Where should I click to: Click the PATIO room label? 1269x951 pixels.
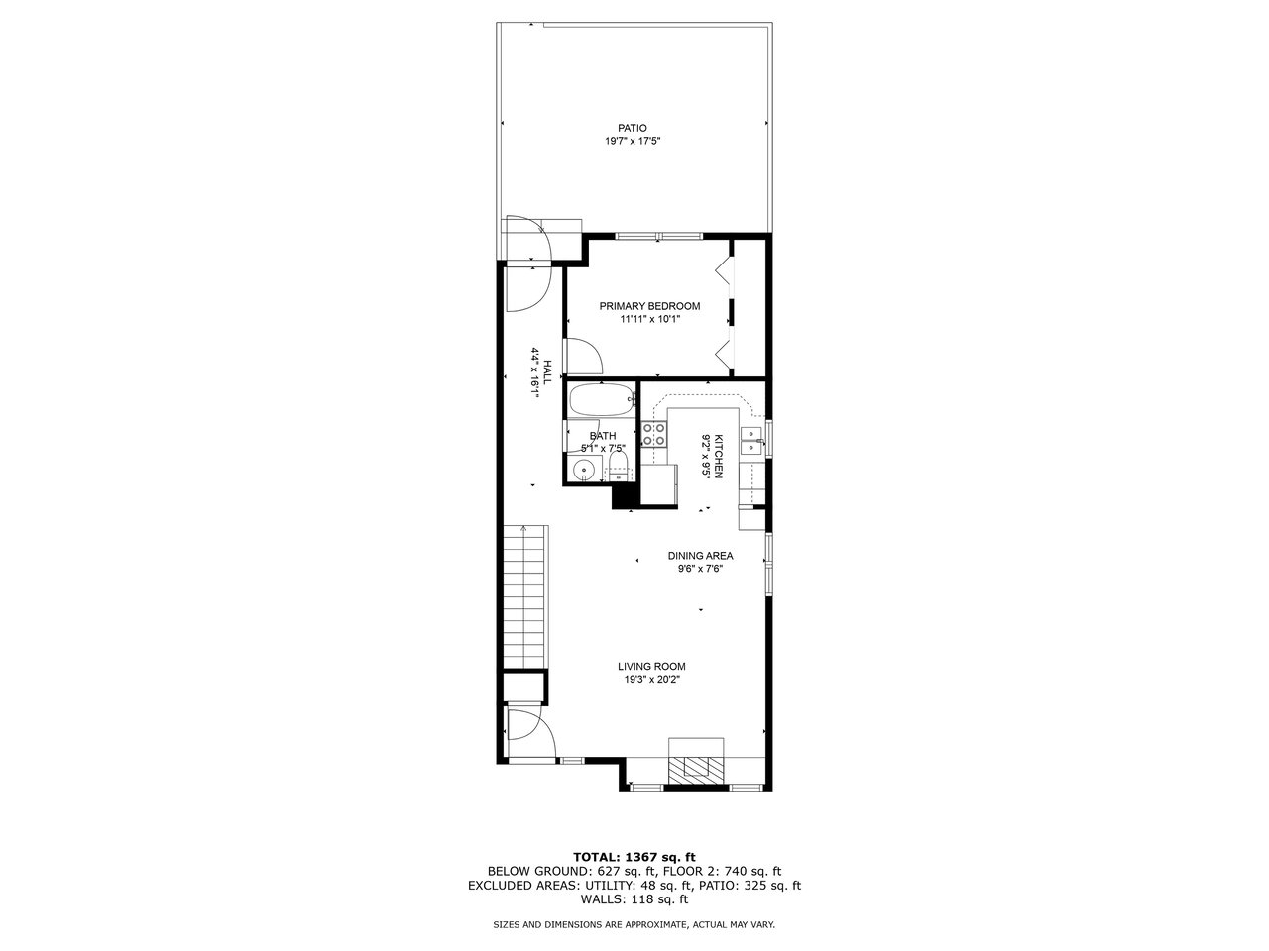632,128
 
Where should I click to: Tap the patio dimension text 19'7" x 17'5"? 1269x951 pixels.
633,141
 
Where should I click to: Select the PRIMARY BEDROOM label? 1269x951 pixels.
649,306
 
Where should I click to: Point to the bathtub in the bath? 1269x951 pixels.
602,399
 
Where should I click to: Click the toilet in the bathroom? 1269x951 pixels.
619,467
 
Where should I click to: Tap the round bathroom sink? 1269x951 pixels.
584,470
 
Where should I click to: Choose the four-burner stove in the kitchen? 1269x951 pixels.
654,434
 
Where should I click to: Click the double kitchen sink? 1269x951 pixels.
752,442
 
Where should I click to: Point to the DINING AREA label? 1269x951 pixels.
700,556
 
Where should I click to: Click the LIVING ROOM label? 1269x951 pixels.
651,666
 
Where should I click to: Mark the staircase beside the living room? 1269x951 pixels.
524,596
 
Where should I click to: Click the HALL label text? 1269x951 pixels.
547,372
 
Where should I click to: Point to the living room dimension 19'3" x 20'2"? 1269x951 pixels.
651,680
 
